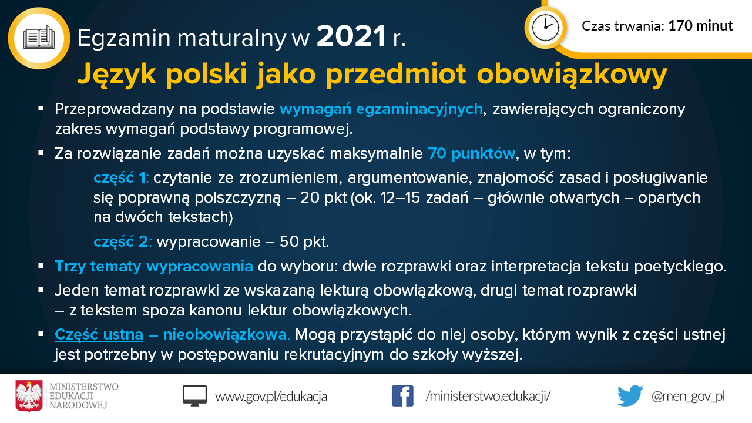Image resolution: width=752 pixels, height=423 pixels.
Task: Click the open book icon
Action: point(39,38)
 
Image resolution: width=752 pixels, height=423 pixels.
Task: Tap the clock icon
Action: point(546,28)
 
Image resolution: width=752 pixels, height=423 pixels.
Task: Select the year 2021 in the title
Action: point(351,36)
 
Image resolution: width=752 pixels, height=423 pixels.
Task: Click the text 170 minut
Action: point(701,26)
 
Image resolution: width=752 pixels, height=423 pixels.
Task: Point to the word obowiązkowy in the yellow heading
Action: point(572,75)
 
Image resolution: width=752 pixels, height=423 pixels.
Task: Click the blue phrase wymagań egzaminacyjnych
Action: point(381,109)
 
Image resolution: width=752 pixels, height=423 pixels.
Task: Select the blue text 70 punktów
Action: point(471,154)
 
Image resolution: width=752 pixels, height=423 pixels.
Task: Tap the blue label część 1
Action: point(120,178)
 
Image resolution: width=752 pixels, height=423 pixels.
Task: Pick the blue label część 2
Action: point(122,242)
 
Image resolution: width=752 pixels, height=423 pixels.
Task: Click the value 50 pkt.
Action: point(304,241)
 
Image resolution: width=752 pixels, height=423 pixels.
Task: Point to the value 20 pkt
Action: point(323,198)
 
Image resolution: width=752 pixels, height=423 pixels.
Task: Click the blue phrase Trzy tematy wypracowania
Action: point(154,267)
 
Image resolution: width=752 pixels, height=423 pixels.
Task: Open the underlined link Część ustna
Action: point(99,335)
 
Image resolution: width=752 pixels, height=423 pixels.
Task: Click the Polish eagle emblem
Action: point(29,396)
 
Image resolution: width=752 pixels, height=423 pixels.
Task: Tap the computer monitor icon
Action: point(194,396)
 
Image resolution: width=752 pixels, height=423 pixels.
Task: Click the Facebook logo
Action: point(402,396)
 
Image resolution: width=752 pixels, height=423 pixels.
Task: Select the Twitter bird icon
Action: point(630,396)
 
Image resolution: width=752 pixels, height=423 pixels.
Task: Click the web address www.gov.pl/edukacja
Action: point(271,397)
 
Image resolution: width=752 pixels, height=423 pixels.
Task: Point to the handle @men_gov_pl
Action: point(688,397)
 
